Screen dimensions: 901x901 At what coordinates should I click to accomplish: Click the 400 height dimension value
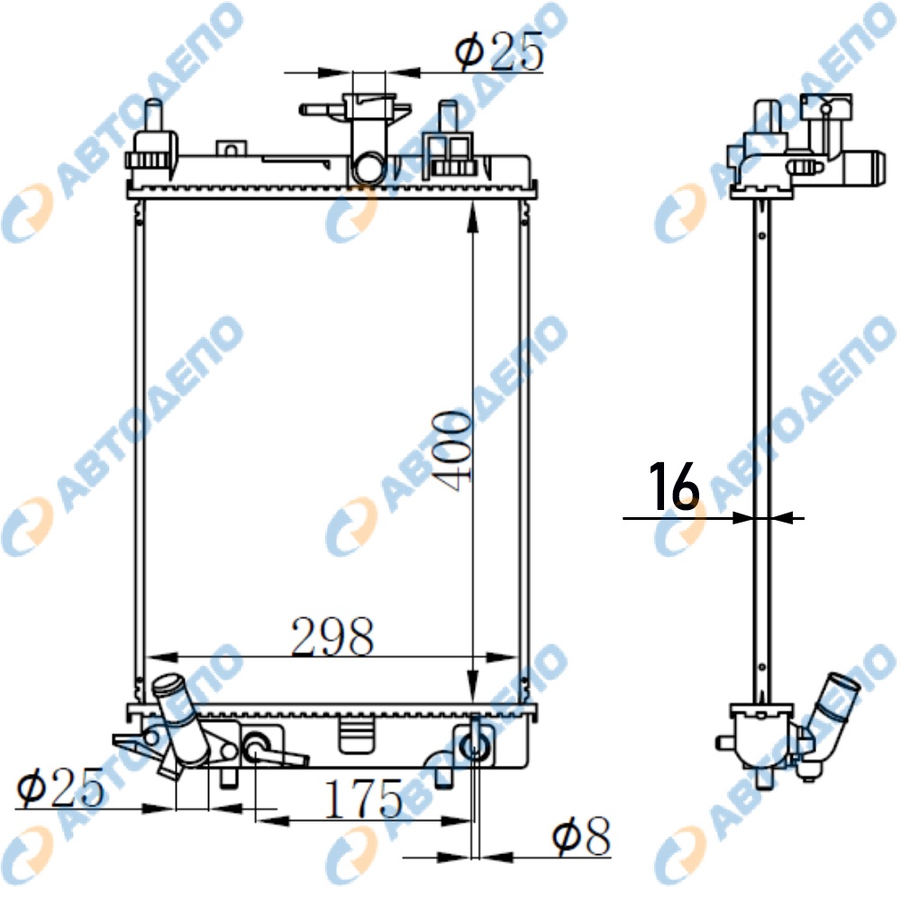(454, 451)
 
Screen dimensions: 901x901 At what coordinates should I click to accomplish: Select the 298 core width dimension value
(332, 637)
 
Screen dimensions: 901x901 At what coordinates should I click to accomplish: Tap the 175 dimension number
(363, 798)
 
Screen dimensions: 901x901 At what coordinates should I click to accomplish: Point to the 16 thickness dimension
(674, 487)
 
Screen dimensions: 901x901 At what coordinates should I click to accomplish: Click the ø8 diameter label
(581, 837)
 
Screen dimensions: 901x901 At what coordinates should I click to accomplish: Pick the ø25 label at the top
(499, 51)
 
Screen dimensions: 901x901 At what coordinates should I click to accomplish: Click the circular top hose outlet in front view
(368, 168)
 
